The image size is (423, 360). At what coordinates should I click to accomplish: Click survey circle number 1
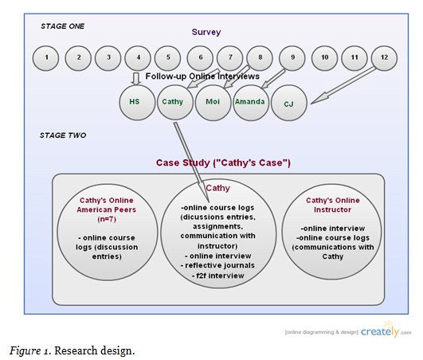47,57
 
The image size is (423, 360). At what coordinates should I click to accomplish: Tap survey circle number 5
168,57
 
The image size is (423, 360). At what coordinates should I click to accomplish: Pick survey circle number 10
324,57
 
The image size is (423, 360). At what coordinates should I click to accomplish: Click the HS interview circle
135,103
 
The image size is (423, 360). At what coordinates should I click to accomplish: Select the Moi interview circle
212,103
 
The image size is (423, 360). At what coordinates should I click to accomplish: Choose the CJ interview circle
288,104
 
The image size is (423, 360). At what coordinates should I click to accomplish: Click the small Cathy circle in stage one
174,103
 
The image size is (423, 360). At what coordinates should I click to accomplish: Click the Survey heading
205,33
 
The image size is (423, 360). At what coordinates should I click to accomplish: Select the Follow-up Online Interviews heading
202,76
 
